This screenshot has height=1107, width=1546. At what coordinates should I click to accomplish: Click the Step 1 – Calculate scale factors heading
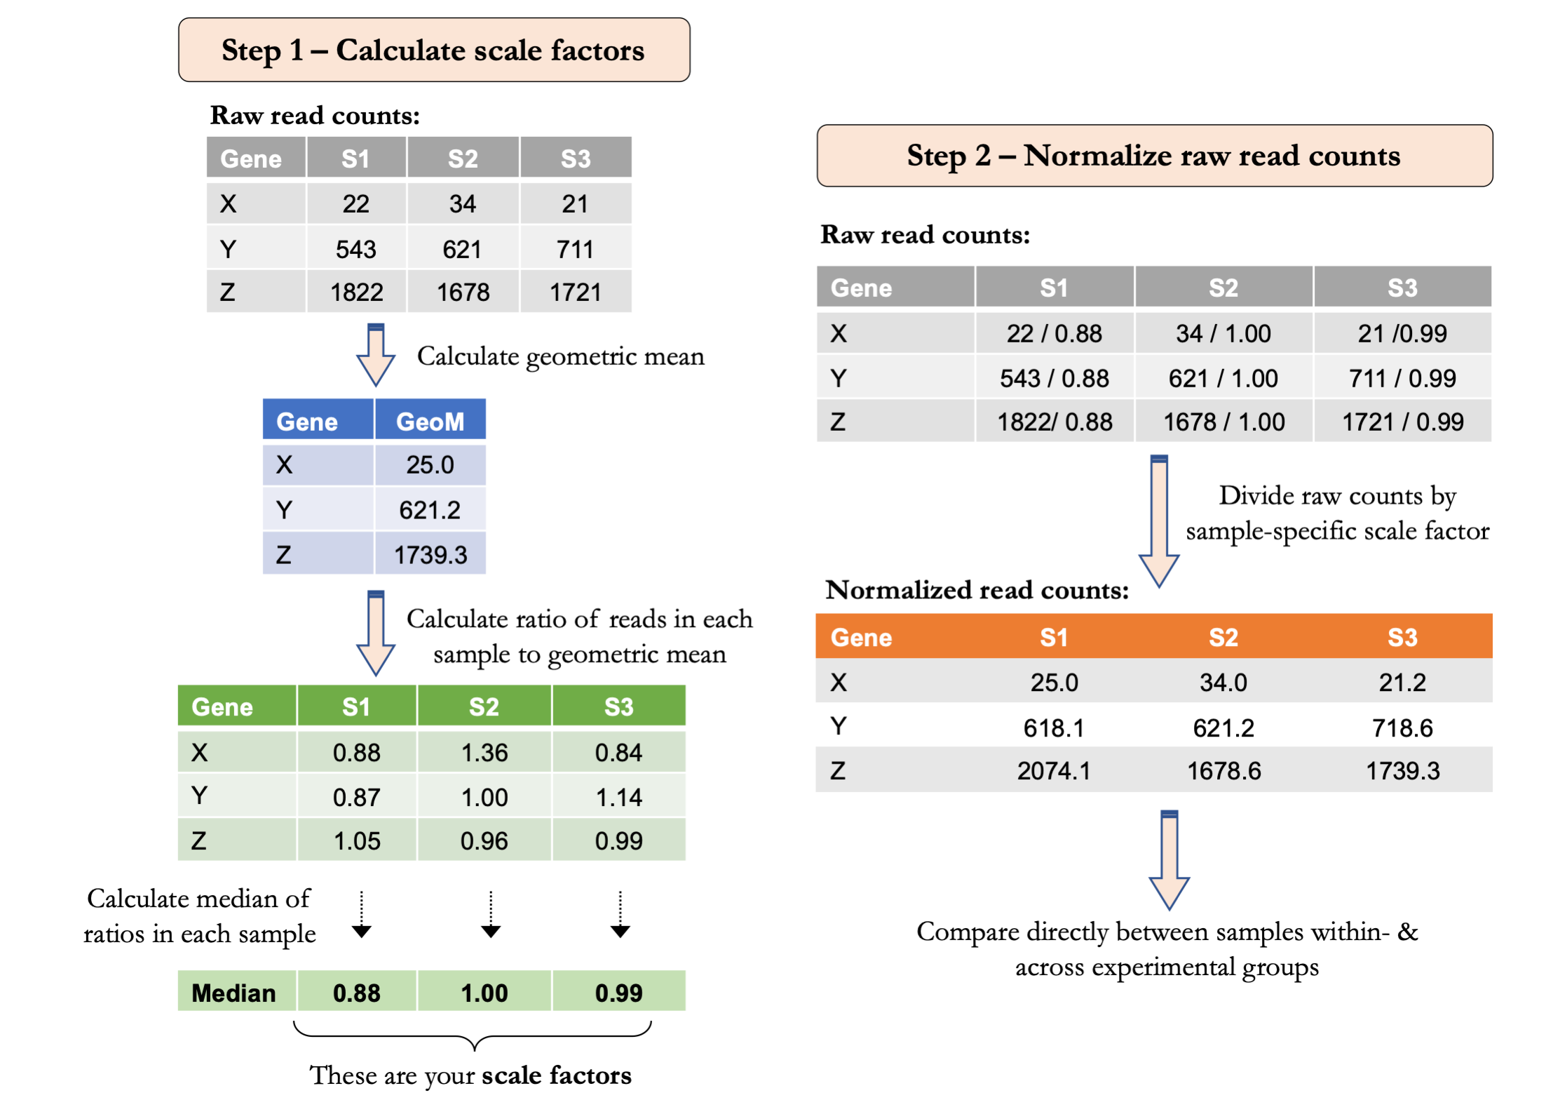433,50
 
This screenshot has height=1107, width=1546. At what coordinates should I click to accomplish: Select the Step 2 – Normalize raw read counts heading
1153,156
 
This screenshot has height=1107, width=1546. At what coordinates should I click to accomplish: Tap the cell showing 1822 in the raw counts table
356,292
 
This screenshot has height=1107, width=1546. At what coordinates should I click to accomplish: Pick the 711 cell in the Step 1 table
575,249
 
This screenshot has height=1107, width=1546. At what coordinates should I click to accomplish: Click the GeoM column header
430,421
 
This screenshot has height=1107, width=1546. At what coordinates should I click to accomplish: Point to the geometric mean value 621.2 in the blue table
430,510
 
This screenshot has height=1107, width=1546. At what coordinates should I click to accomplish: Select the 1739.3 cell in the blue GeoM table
430,555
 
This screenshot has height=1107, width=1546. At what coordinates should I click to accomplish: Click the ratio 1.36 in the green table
484,753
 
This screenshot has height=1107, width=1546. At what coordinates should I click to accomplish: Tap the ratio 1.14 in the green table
618,798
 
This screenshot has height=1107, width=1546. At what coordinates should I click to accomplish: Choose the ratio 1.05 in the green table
356,841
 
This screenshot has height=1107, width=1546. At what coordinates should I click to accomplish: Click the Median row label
233,993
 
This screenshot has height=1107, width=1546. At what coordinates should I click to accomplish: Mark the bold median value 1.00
484,993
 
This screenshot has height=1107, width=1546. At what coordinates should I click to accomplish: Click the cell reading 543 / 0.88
1054,378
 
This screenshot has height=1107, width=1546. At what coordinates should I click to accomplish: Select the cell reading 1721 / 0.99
1402,422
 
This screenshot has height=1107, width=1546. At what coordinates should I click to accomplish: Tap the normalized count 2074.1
1054,771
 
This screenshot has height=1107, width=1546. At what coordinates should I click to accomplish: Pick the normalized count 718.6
1402,728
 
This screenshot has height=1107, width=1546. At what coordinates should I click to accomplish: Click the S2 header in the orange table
1223,637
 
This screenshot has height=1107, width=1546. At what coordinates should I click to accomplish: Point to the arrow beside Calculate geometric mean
376,355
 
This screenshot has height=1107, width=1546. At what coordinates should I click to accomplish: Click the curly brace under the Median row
473,1034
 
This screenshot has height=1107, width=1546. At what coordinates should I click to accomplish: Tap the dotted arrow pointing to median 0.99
620,915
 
